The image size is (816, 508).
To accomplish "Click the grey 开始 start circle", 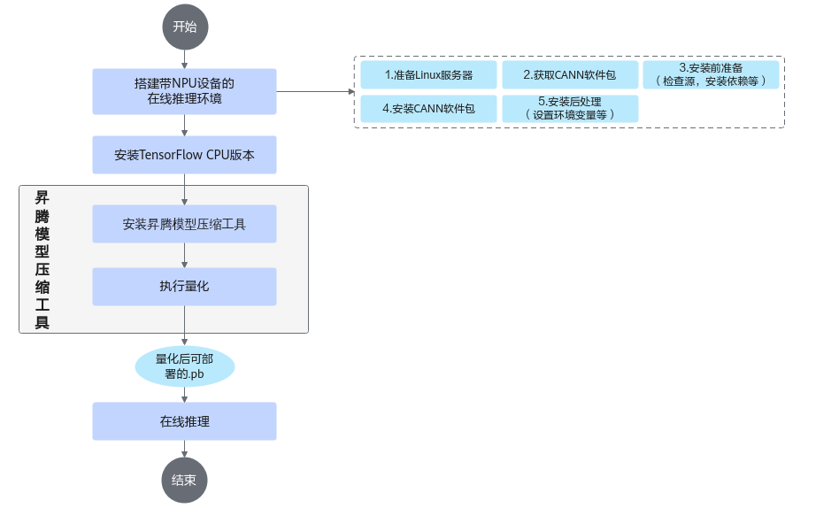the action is [x=185, y=27].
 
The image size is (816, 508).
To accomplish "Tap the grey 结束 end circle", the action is [x=184, y=480].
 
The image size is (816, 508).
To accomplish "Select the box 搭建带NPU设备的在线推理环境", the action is [x=184, y=91].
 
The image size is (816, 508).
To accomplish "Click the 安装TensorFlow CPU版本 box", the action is [x=184, y=155].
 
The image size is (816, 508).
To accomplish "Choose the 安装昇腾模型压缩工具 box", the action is [x=184, y=224].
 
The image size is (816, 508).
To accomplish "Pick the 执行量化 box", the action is [x=184, y=286].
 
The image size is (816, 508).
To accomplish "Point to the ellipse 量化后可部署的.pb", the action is [x=185, y=366].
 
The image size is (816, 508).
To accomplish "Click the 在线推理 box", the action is [x=184, y=421].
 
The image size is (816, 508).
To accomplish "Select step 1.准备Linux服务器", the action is [x=429, y=75].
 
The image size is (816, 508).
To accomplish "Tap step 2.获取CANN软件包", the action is [x=570, y=75].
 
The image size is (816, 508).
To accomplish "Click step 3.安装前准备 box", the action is [x=711, y=75].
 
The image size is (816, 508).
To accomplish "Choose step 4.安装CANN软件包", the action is [x=429, y=109].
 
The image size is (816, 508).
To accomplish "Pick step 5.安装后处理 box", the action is [x=570, y=109].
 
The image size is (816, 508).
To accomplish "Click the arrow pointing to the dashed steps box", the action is [x=315, y=92].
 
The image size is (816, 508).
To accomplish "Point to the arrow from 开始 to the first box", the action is [x=185, y=59].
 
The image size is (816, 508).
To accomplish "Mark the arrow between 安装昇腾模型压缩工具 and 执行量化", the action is [x=185, y=255].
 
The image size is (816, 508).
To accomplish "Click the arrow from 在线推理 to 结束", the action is [x=185, y=449].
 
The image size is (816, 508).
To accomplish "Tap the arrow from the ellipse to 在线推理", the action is [x=185, y=395].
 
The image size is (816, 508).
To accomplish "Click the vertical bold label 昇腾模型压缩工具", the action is [x=42, y=259].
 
